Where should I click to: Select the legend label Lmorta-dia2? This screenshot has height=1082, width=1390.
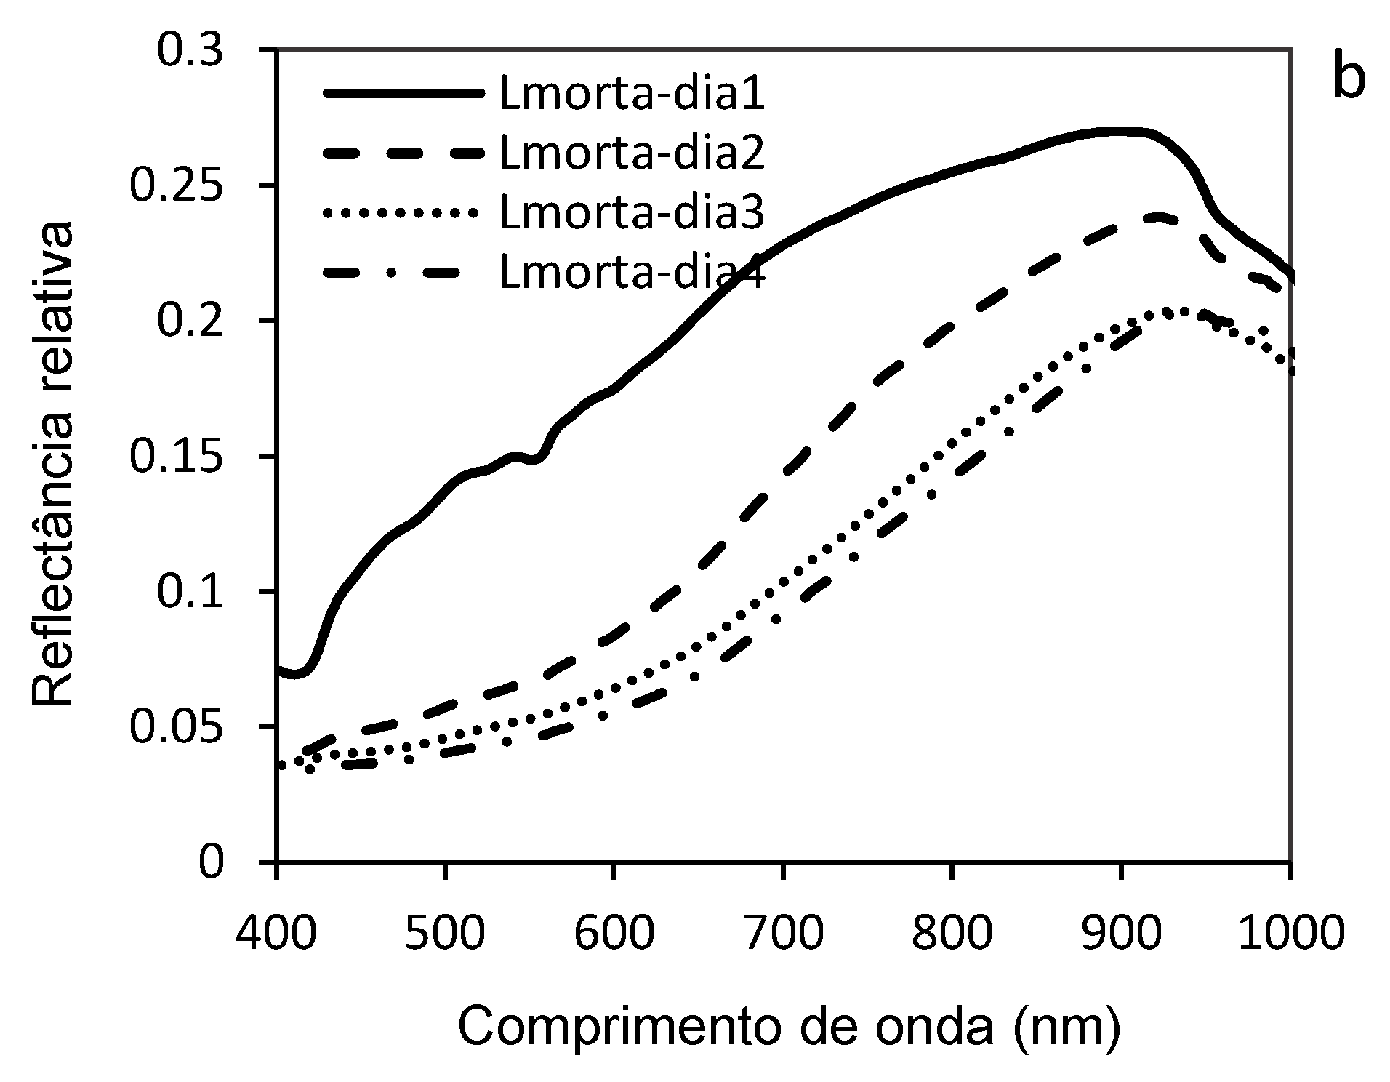(632, 154)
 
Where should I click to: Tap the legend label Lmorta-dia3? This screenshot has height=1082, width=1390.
(632, 214)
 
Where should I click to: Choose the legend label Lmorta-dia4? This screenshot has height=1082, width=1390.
(632, 273)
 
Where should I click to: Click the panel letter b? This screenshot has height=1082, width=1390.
(1349, 80)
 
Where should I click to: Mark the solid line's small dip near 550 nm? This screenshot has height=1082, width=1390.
(535, 459)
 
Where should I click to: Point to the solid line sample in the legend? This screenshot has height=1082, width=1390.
(403, 94)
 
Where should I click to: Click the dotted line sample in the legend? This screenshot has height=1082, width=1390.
(403, 213)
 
